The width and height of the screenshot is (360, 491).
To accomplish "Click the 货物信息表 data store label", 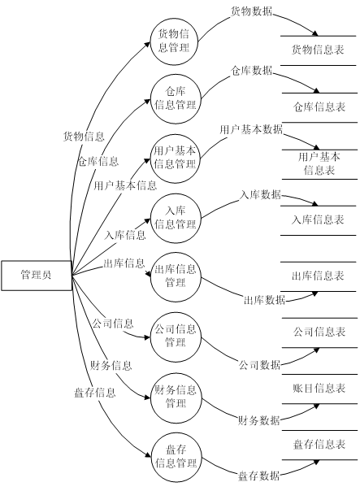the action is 318,50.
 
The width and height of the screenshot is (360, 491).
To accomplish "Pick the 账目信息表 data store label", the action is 319,389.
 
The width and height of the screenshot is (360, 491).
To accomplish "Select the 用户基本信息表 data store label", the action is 319,163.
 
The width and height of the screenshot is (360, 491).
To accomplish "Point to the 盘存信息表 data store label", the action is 319,445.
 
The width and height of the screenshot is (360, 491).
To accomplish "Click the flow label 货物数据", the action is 252,11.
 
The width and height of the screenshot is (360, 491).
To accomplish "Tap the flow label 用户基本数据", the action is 251,129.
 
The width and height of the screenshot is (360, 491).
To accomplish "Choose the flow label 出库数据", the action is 265,300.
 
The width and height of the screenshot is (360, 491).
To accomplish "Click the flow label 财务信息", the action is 111,366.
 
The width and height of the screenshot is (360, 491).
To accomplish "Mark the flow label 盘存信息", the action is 95,393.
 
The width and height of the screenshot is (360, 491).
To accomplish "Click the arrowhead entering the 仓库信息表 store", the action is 316,91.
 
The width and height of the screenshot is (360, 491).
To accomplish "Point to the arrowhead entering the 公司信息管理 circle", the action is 147,337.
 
